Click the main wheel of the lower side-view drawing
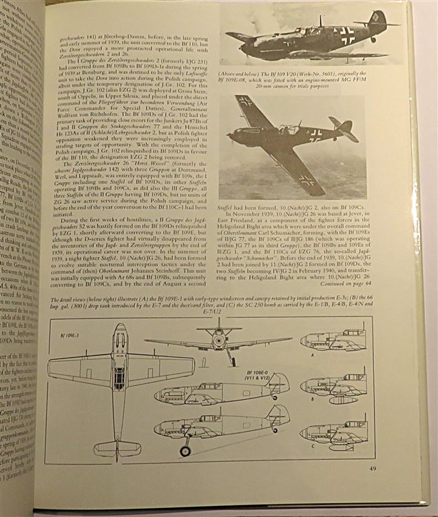[185, 452]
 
